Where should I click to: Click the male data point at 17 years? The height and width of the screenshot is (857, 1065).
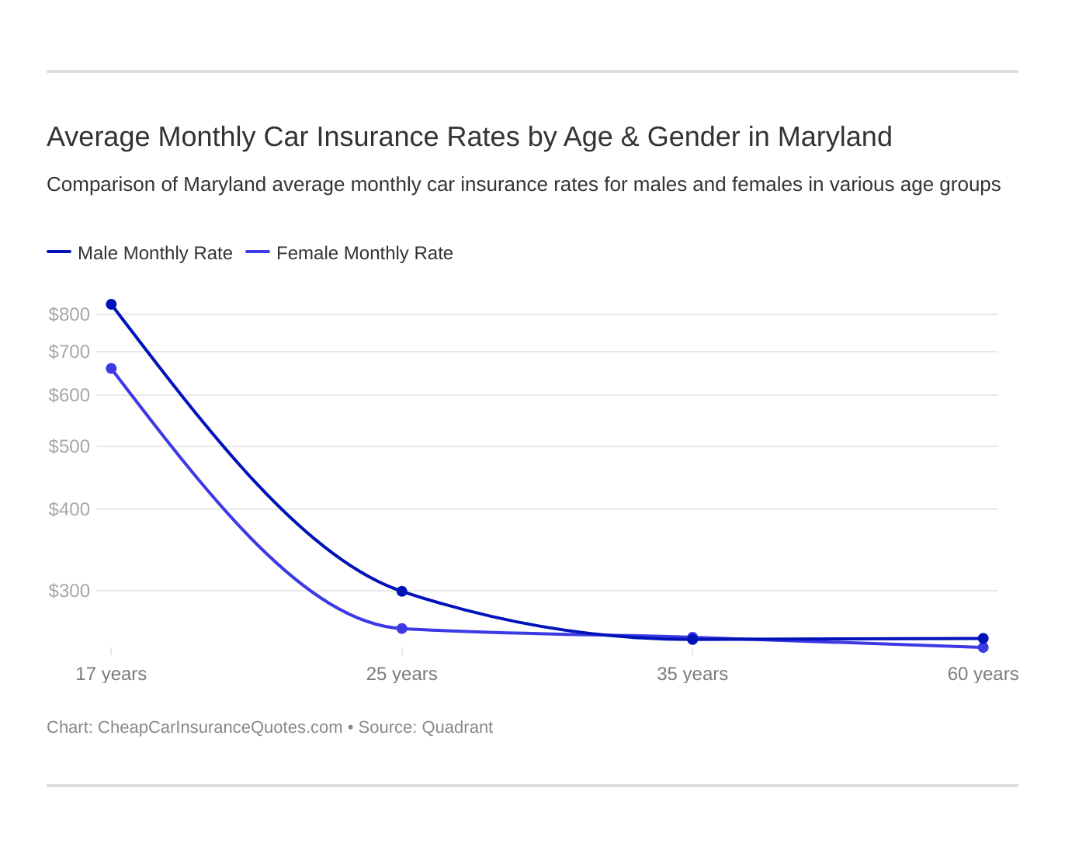click(111, 304)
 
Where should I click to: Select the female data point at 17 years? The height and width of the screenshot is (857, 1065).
click(111, 369)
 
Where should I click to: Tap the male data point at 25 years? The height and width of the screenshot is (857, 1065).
click(402, 592)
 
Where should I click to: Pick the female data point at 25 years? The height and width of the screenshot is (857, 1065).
click(402, 629)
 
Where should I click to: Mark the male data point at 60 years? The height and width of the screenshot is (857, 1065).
click(983, 638)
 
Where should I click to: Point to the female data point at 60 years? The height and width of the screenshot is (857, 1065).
click(983, 647)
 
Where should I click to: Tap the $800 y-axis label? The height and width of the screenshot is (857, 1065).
click(69, 314)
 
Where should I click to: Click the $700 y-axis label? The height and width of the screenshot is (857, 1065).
click(69, 352)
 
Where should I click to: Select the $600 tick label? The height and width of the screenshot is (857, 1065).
click(69, 395)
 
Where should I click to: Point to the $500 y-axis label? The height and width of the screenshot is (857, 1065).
click(69, 446)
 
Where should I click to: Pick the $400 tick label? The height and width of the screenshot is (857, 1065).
click(69, 509)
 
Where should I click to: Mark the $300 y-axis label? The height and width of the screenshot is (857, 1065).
click(69, 591)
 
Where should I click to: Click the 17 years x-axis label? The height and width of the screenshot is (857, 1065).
click(111, 674)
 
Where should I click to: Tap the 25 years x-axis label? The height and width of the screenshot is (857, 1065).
click(402, 674)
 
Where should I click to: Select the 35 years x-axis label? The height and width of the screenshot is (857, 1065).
click(692, 674)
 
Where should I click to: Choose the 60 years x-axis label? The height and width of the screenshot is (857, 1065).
click(983, 674)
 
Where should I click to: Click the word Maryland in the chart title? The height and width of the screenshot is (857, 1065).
click(834, 137)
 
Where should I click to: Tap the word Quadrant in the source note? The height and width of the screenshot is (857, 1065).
click(457, 727)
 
